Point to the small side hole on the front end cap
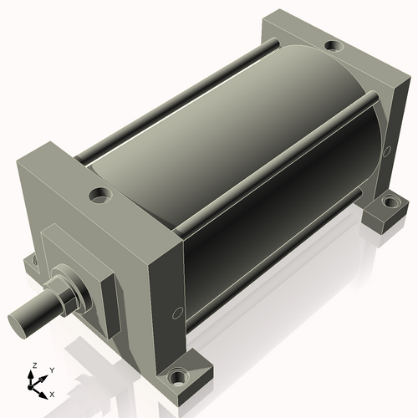click(176, 313)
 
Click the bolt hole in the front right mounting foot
click(177, 377)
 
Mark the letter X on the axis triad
click(52, 393)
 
